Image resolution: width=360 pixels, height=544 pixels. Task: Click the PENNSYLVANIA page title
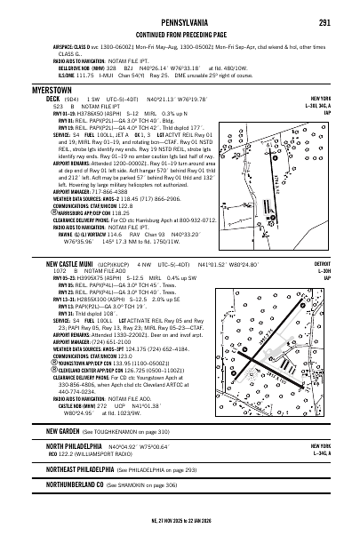coord(180,21)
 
